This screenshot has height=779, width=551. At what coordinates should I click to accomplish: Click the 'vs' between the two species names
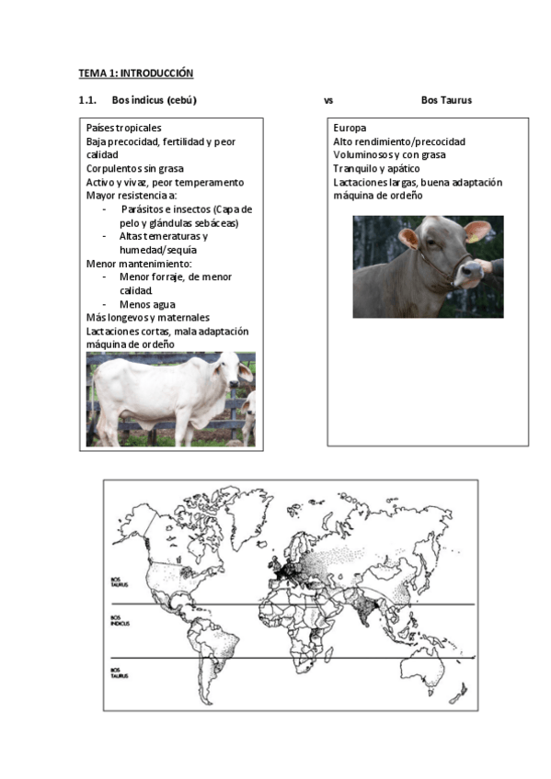pos(328,100)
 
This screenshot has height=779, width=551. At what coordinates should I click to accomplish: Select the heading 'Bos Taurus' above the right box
pos(446,100)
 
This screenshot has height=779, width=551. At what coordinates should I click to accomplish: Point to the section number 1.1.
pos(88,100)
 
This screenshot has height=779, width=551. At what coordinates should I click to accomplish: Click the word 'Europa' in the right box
pos(350,129)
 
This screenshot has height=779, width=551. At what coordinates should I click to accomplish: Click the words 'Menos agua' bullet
pos(147,304)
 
